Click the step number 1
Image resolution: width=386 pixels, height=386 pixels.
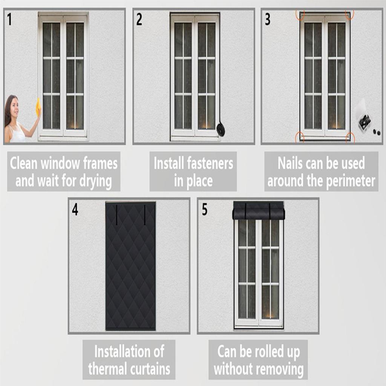point(9,19)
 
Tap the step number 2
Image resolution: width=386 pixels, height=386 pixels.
point(139,20)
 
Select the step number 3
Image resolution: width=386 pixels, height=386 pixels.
point(268,20)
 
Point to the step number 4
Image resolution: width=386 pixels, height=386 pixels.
point(75,210)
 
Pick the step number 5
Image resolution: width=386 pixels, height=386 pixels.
point(204,210)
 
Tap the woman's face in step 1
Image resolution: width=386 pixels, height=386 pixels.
point(14,107)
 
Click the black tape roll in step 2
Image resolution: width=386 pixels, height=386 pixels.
point(221,130)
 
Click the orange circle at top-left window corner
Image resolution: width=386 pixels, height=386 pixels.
point(300,15)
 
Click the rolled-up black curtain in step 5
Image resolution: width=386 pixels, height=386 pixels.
point(259,211)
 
